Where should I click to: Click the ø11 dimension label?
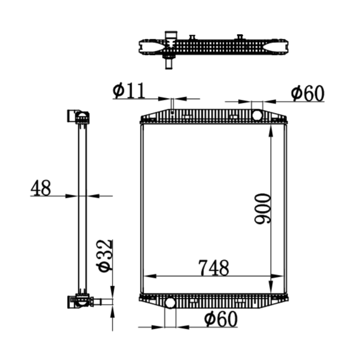point(129,90)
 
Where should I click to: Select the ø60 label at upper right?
point(308,94)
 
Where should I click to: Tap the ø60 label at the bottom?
point(221,319)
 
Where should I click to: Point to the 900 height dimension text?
point(263,209)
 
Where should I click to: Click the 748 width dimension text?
point(213,268)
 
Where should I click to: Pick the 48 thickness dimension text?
point(41,188)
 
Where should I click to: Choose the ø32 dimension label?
point(105,256)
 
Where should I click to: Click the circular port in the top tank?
point(257,115)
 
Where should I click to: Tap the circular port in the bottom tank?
point(170,302)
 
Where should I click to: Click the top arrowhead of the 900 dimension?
point(271,131)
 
